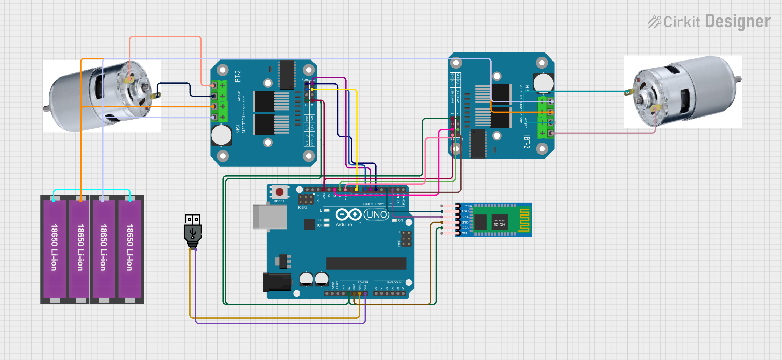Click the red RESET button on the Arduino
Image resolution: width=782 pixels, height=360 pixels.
point(279,192)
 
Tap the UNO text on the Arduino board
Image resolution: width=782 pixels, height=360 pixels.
point(376,214)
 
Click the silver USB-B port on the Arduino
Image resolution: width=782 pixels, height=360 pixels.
point(269,217)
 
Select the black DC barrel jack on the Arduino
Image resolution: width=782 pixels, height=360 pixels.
point(277,282)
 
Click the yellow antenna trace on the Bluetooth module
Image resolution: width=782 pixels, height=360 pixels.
point(524,220)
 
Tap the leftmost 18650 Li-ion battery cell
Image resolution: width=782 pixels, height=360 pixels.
point(54,248)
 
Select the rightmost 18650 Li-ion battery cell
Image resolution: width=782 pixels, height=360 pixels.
point(130,248)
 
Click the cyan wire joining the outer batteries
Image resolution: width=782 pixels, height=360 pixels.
point(92,190)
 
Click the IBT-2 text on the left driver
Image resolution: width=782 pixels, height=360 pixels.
point(238,76)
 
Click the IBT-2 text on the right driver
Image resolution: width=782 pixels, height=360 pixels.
point(527,142)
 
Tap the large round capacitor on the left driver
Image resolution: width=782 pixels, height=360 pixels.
point(221,135)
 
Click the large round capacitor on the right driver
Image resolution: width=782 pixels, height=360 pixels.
point(543,83)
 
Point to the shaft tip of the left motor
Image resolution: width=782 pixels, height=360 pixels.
point(45,108)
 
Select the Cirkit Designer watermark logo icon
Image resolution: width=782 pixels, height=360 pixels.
point(654,22)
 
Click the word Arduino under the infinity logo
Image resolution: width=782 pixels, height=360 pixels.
point(344,225)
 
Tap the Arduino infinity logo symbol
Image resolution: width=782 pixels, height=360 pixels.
point(348,214)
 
